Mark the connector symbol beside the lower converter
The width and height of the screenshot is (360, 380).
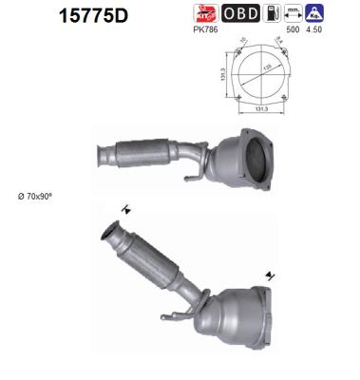273,276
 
